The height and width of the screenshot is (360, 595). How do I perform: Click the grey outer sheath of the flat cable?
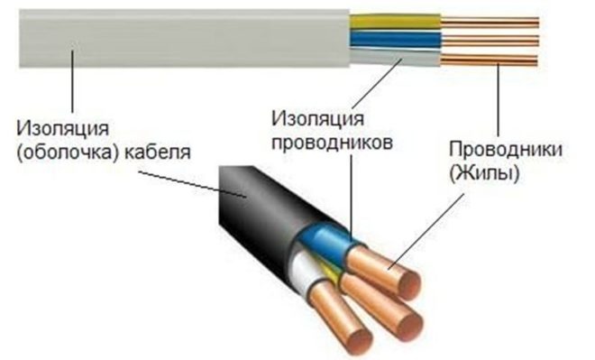point(180,41)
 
